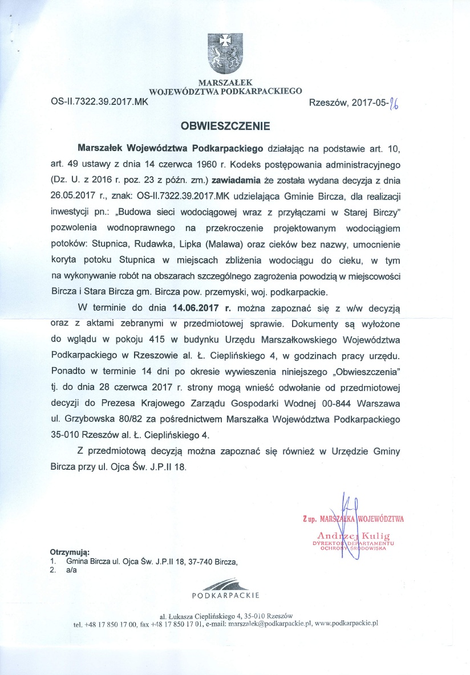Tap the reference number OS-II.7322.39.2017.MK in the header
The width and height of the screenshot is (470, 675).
click(x=99, y=104)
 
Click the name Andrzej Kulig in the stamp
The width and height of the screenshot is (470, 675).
click(x=354, y=536)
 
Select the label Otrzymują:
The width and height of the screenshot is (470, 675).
click(x=70, y=552)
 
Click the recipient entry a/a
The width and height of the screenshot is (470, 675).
click(x=72, y=569)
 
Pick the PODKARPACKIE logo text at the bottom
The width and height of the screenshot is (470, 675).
click(x=225, y=595)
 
